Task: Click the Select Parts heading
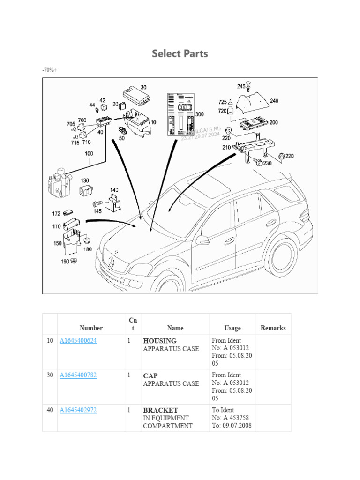tap(180, 53)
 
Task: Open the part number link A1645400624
tap(78, 341)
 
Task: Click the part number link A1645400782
tap(78, 375)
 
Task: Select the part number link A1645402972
tap(78, 410)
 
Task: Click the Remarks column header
tap(273, 328)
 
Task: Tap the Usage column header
tap(232, 328)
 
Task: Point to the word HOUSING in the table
tap(160, 341)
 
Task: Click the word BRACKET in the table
tap(160, 410)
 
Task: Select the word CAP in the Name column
tap(150, 375)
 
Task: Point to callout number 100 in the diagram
tap(89, 153)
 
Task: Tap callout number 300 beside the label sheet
tap(200, 114)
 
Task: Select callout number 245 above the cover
tap(241, 86)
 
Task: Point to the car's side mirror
tap(202, 240)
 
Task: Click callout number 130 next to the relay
tap(85, 180)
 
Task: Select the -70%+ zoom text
tap(49, 70)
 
